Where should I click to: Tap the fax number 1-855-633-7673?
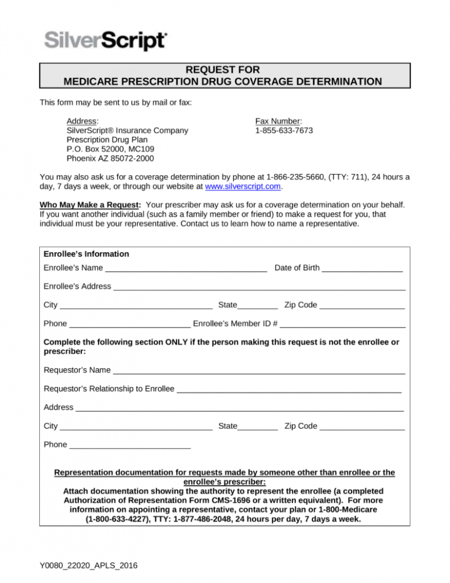pyautogui.click(x=284, y=130)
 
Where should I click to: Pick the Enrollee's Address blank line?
pyautogui.click(x=260, y=287)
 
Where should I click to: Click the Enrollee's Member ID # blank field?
pyautogui.click(x=343, y=323)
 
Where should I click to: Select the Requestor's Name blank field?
pyautogui.click(x=259, y=370)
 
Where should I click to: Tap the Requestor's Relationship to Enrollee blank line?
pyautogui.click(x=289, y=389)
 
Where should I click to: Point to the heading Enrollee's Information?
pyautogui.click(x=87, y=254)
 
